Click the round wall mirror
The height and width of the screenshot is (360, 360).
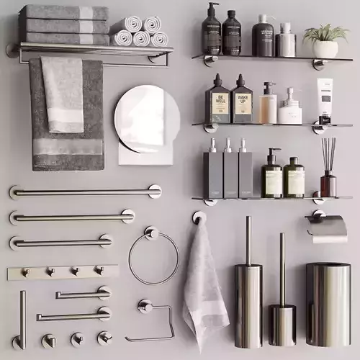[x=146, y=118]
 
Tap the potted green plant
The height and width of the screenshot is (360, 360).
[x=325, y=41]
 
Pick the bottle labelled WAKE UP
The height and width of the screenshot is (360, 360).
[x=241, y=102]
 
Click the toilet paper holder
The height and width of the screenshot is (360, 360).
[x=328, y=228]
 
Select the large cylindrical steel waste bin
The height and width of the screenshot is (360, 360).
[x=328, y=302]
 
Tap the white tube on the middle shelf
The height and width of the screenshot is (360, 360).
[x=325, y=99]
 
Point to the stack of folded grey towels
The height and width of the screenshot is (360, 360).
[x=64, y=24]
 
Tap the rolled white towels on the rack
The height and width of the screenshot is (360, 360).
[x=140, y=32]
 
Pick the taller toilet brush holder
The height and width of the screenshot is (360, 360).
[x=248, y=302]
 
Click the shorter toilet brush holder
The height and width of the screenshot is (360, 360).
[x=282, y=320]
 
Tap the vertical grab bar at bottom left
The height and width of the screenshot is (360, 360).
[x=22, y=317]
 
